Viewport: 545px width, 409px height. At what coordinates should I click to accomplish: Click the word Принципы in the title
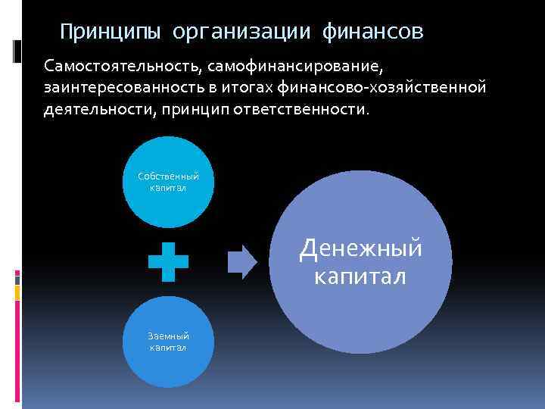pyautogui.click(x=110, y=32)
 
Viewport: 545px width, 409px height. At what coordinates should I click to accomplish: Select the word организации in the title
pyautogui.click(x=241, y=32)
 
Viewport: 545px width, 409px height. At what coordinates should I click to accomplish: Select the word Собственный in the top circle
pyautogui.click(x=168, y=176)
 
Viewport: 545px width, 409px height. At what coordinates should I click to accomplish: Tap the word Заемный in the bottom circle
pyautogui.click(x=168, y=336)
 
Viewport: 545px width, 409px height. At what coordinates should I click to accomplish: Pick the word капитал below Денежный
pyautogui.click(x=360, y=276)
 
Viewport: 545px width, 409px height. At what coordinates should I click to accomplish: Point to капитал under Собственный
pyautogui.click(x=168, y=187)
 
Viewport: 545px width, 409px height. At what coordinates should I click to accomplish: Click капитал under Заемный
pyautogui.click(x=168, y=347)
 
